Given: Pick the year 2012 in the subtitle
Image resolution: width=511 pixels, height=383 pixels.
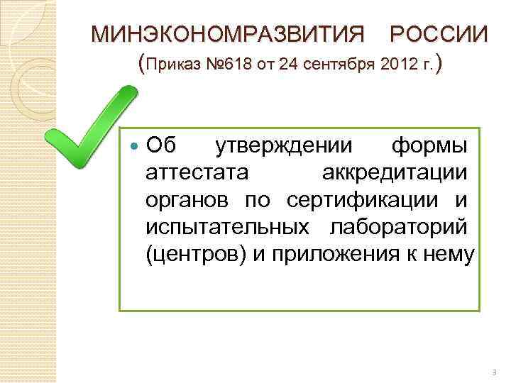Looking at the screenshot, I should tap(396, 67).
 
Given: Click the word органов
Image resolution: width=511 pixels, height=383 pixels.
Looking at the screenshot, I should tap(187, 200).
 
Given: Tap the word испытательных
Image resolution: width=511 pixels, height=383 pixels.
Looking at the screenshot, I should tap(227, 227).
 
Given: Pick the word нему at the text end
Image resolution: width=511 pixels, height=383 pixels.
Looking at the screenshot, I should tap(447, 254).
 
